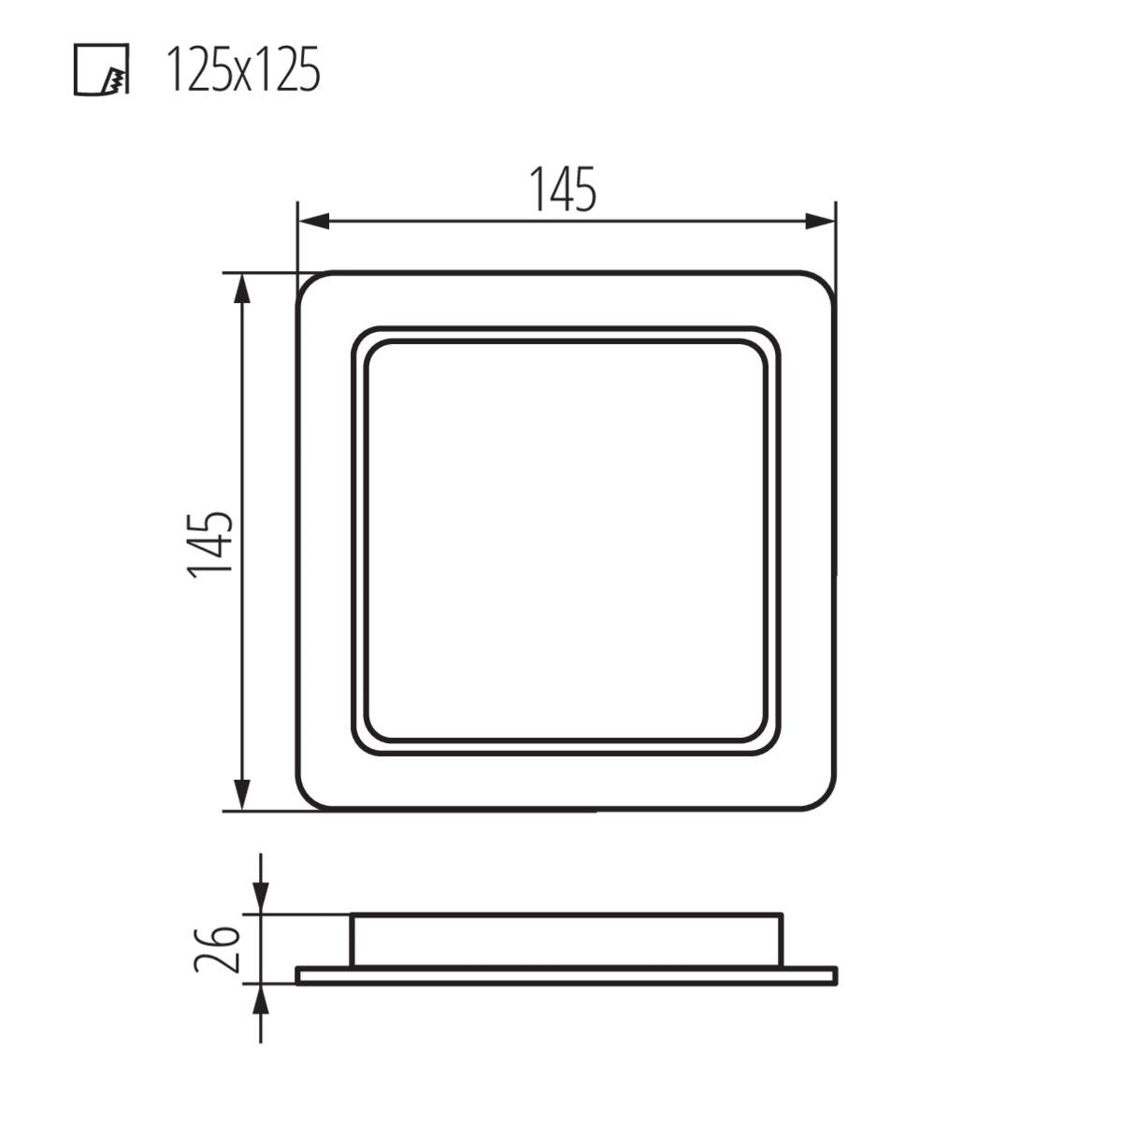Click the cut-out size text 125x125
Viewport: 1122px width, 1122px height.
click(x=242, y=70)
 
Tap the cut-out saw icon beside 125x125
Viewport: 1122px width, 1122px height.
click(x=101, y=70)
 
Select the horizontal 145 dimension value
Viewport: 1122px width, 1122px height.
click(x=563, y=189)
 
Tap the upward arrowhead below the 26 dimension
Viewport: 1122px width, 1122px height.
click(x=261, y=999)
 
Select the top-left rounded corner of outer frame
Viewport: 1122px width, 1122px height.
click(x=309, y=283)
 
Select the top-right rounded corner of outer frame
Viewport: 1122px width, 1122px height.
click(x=824, y=283)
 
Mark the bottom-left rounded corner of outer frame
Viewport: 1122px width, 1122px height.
click(x=309, y=798)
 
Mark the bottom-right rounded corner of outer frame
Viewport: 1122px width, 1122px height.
click(x=824, y=798)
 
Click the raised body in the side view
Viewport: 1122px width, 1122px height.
click(x=566, y=940)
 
